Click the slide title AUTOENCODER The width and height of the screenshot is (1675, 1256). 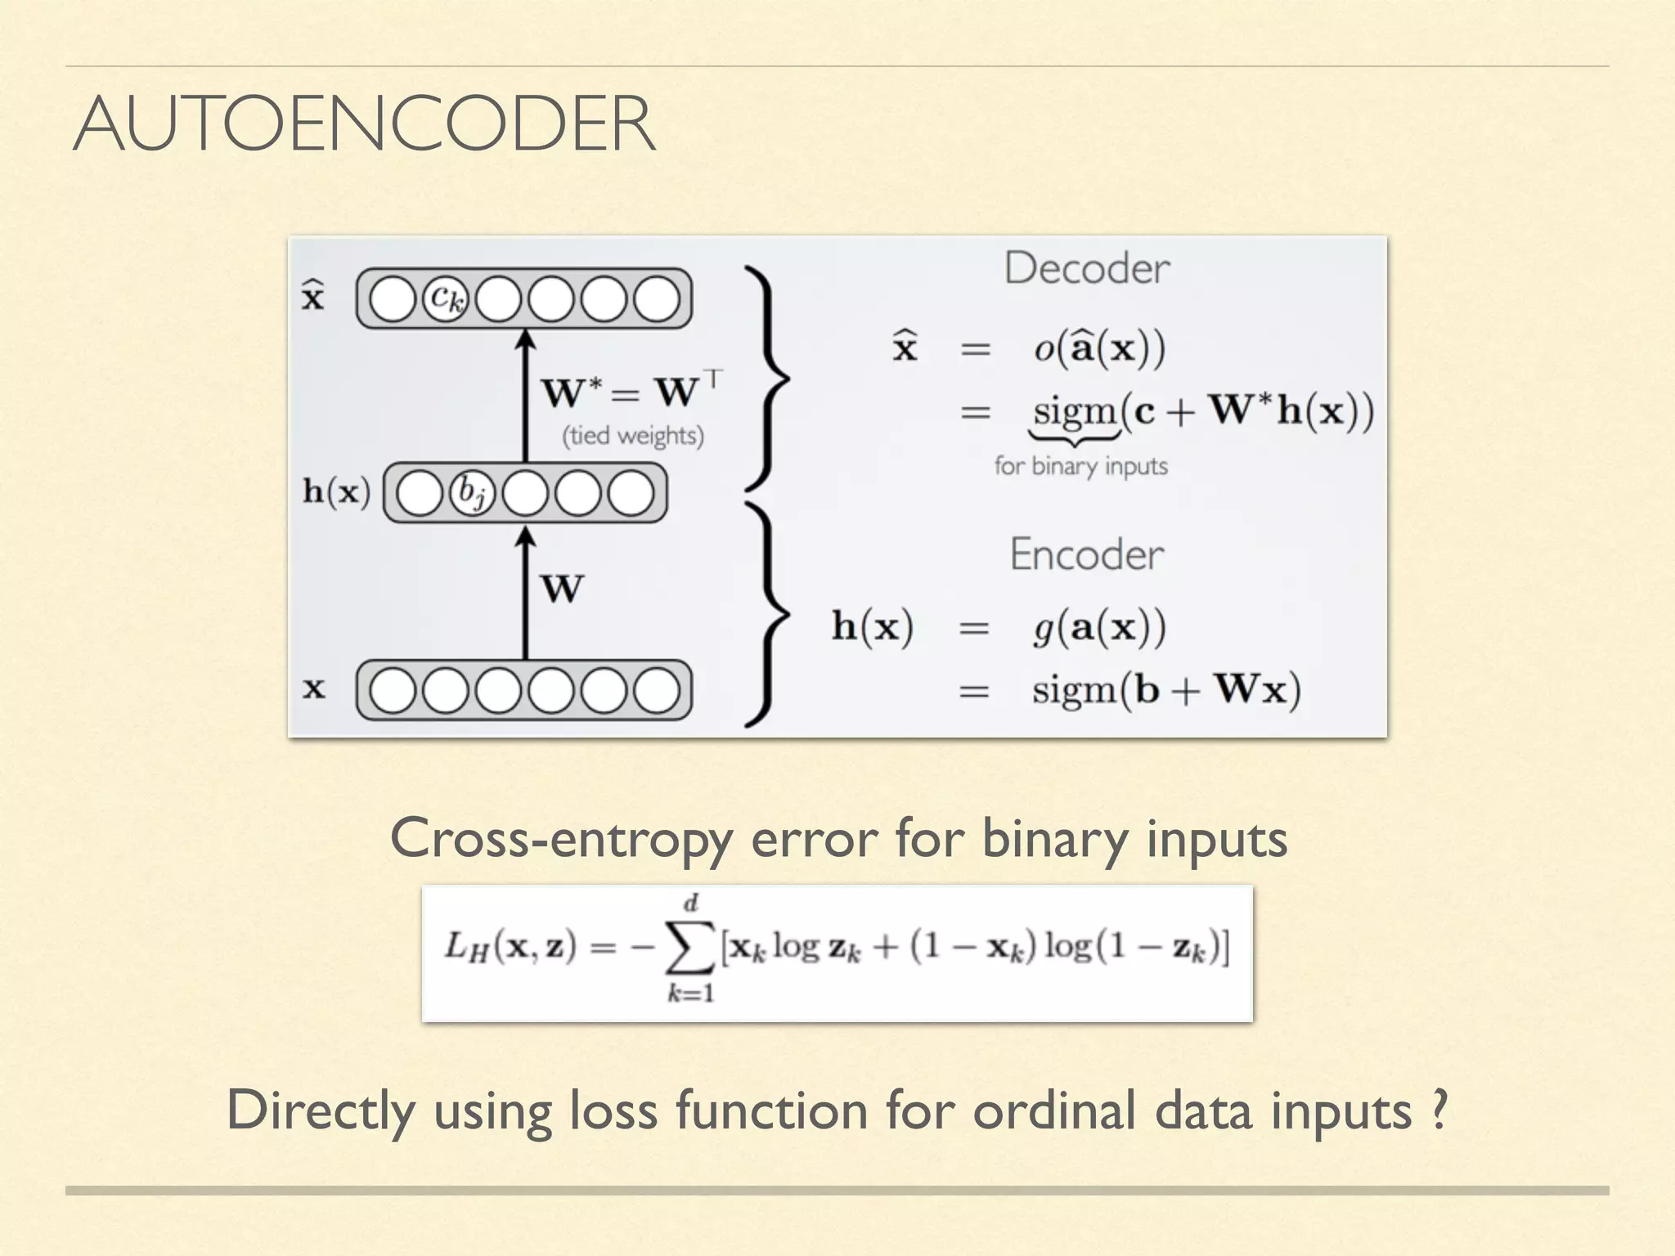click(x=364, y=124)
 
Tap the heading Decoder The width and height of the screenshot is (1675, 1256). click(x=1087, y=269)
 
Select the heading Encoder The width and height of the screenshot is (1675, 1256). click(x=1086, y=554)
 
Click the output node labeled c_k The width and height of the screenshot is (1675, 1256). click(x=446, y=298)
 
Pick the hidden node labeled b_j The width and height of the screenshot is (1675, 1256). click(x=472, y=493)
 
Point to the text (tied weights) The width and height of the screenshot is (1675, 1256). click(x=632, y=435)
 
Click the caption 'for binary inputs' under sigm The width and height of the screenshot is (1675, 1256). click(x=1080, y=466)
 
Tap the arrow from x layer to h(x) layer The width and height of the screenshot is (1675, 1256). click(x=526, y=593)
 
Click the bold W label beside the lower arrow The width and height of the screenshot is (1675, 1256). click(x=563, y=589)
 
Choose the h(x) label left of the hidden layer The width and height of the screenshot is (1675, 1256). click(x=336, y=492)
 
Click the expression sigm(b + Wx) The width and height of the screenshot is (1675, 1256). click(x=1165, y=689)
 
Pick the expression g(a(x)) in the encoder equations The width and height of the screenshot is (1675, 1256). click(x=1098, y=628)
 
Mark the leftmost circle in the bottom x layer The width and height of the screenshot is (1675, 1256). click(x=393, y=690)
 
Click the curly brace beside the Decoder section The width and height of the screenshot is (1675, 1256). click(x=769, y=379)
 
